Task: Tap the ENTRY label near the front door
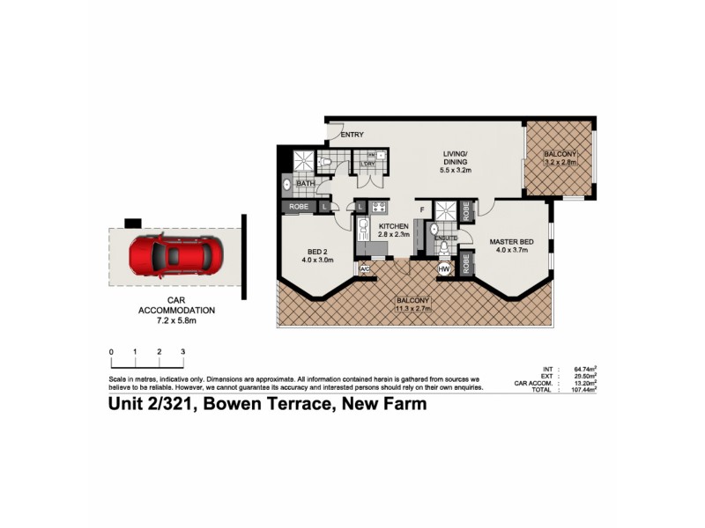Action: click(x=352, y=135)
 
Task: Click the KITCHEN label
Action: click(x=395, y=224)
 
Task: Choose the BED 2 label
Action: click(x=317, y=250)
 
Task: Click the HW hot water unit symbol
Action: click(x=444, y=268)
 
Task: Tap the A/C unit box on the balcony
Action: click(x=364, y=268)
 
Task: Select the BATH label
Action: click(x=305, y=183)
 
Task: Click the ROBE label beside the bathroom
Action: click(x=298, y=206)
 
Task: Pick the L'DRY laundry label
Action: click(x=367, y=164)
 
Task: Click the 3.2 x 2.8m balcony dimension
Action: click(x=560, y=162)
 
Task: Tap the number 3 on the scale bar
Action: click(x=182, y=352)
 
